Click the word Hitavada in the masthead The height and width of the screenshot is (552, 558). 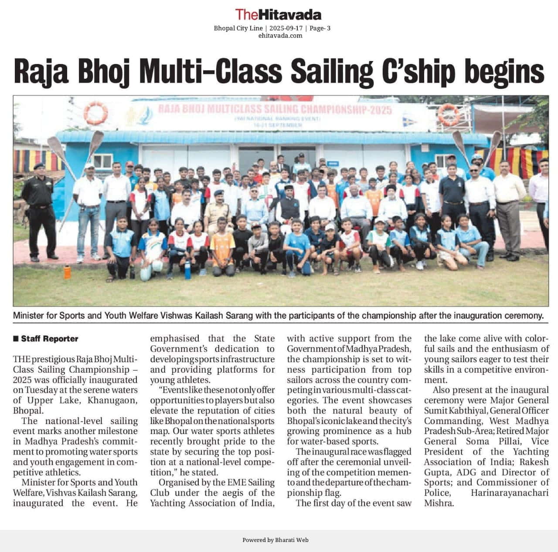289,14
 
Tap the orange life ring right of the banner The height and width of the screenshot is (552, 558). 449,114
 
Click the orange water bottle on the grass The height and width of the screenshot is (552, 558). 67,272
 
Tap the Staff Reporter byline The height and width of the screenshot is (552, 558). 49,339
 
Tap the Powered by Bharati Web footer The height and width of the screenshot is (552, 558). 276,540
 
